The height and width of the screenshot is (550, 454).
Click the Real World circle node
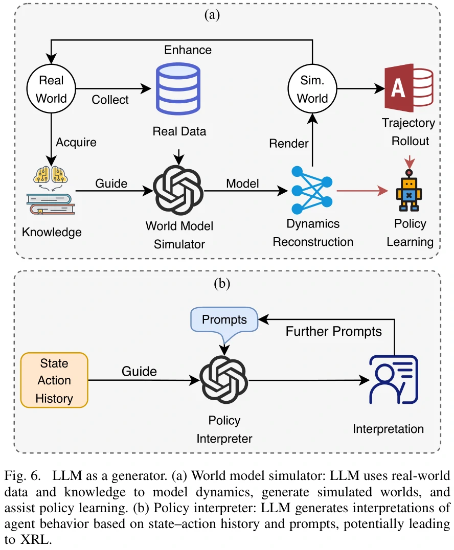click(52, 89)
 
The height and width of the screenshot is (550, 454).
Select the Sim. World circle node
click(312, 89)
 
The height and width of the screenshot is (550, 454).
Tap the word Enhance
click(188, 50)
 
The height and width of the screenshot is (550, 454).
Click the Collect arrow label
click(109, 99)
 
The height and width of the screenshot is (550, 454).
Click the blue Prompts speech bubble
click(224, 321)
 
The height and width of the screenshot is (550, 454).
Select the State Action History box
click(54, 380)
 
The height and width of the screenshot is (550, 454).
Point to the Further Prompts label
click(333, 331)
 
